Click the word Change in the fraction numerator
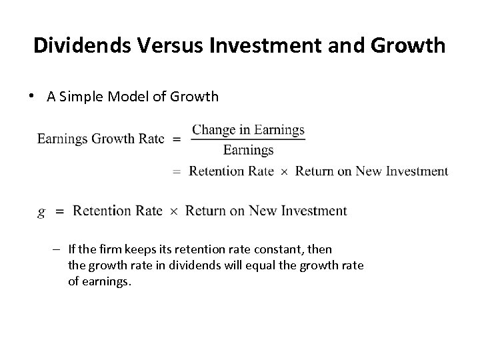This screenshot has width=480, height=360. [x=212, y=130]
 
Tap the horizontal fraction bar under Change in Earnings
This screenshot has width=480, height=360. [x=248, y=140]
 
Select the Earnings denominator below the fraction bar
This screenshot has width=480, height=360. [x=249, y=150]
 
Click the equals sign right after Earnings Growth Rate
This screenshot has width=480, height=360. [x=177, y=139]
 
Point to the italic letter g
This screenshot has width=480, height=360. [x=42, y=212]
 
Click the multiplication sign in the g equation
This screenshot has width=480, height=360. [x=173, y=211]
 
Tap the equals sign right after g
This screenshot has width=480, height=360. [x=59, y=211]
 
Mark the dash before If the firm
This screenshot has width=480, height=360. [x=59, y=249]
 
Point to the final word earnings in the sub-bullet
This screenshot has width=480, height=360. [x=107, y=281]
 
